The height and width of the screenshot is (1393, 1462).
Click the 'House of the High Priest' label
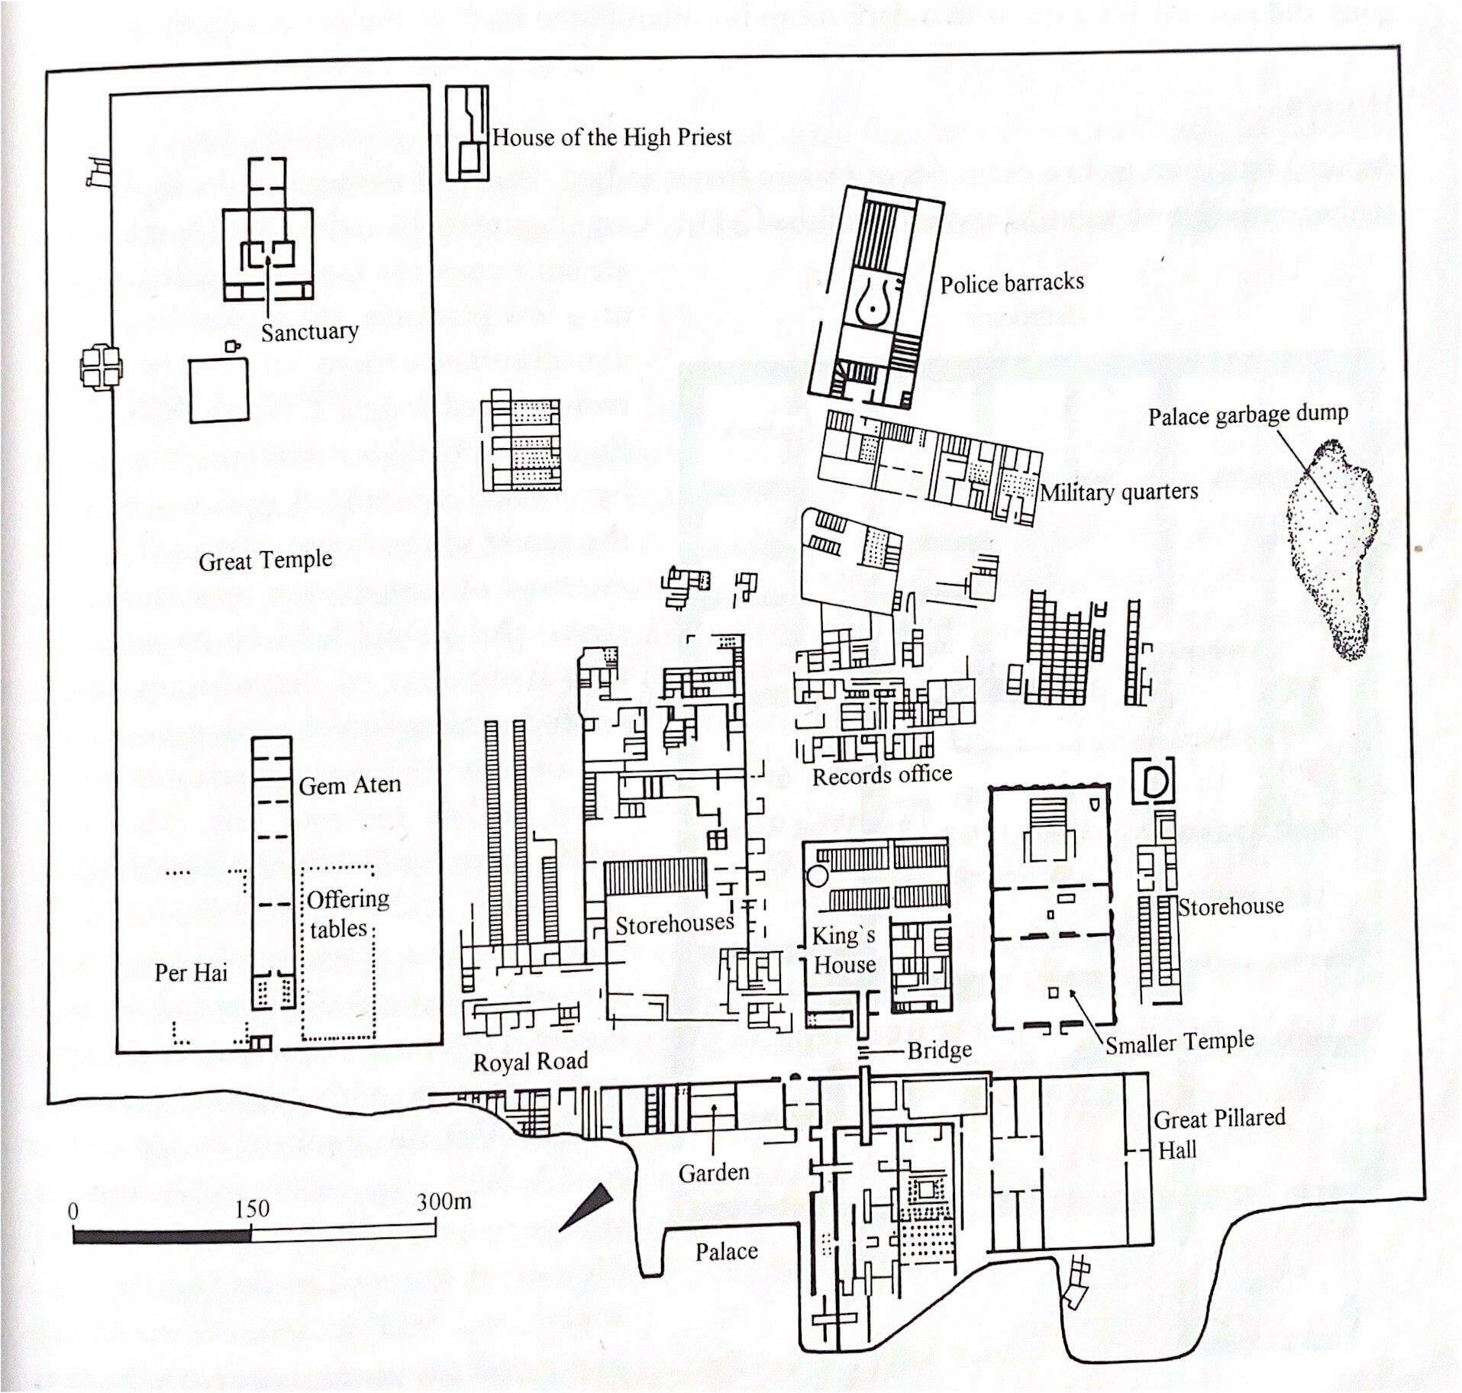point(612,137)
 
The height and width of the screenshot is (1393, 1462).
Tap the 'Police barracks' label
point(1012,283)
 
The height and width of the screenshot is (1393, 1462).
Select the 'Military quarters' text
point(1119,492)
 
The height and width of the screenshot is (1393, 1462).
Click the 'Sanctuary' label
point(309,332)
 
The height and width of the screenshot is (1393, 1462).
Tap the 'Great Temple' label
point(266,561)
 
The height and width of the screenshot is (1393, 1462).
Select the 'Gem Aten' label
point(350,785)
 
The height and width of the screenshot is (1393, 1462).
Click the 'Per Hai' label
point(191,973)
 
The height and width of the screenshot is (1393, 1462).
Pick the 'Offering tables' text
point(347,914)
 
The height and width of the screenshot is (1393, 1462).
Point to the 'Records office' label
point(882,776)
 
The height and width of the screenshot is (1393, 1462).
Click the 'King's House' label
point(844,950)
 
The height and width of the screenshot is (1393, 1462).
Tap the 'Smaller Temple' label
point(1180,1041)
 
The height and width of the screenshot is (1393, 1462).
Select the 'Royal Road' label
point(531,1062)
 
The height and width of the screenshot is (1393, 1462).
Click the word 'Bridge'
point(939,1051)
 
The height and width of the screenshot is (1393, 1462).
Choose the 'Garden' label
point(714,1172)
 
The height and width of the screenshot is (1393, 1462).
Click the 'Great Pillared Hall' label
point(1218,1134)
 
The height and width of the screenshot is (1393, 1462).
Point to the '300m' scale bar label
point(444,1202)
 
